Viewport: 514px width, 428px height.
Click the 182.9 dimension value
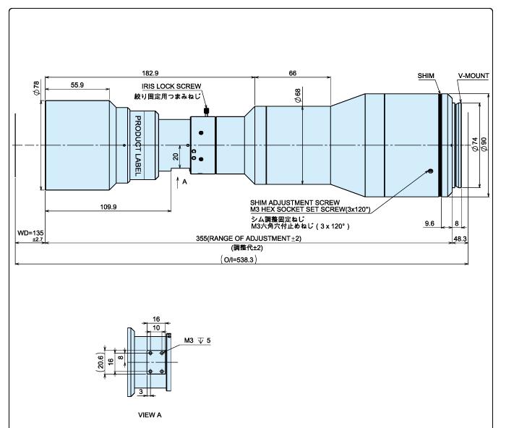click(x=150, y=73)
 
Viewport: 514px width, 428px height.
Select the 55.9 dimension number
click(x=77, y=85)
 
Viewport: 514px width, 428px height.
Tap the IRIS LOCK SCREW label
click(x=171, y=86)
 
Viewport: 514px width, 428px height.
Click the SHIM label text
click(x=426, y=76)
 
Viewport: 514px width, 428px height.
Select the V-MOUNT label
click(x=474, y=76)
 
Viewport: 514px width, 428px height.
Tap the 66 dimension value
click(x=292, y=73)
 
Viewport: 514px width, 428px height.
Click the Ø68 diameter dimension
click(x=298, y=95)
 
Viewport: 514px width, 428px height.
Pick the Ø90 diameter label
click(x=484, y=144)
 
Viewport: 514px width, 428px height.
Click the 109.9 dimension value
click(x=108, y=207)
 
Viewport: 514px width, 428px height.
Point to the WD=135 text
click(x=30, y=233)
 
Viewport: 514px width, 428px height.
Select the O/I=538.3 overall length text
click(x=239, y=260)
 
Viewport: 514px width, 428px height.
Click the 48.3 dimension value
click(x=460, y=239)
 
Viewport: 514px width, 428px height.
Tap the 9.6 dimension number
click(x=429, y=223)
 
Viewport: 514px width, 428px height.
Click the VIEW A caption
click(x=150, y=415)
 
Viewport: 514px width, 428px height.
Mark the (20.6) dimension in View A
click(x=100, y=361)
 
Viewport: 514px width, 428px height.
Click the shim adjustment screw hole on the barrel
click(x=431, y=171)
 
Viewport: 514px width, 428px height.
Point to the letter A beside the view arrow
click(x=184, y=182)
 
